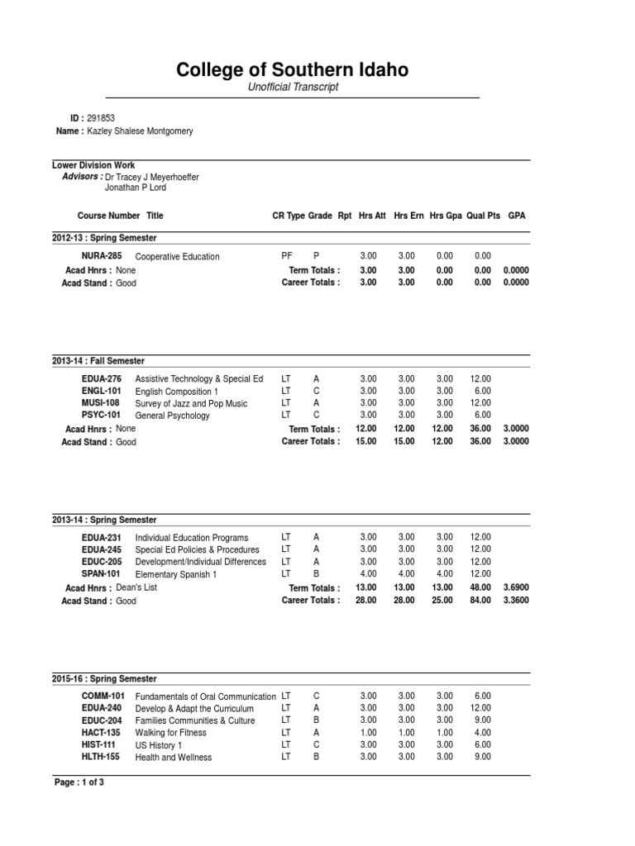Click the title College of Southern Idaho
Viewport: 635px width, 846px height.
tap(292, 70)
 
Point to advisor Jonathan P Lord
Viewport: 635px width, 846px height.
tap(136, 188)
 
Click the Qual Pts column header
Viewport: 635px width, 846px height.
tap(483, 216)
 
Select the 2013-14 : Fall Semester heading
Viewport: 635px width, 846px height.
tap(98, 361)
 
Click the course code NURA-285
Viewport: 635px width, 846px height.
tap(102, 256)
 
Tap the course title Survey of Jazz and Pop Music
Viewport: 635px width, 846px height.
tap(191, 403)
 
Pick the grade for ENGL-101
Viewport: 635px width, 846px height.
tap(316, 391)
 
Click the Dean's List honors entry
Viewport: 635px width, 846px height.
tap(136, 587)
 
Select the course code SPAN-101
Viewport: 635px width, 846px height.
tap(102, 574)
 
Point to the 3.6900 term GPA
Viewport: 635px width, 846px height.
tap(516, 588)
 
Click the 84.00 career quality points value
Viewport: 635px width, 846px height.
tap(480, 601)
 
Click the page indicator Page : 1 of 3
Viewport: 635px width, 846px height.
tap(79, 782)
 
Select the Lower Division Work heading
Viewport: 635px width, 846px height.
tap(93, 165)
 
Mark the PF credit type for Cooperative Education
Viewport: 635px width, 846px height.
tap(287, 256)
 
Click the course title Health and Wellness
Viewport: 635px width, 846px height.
tap(174, 758)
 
